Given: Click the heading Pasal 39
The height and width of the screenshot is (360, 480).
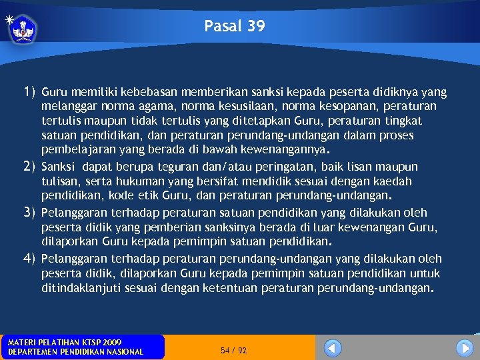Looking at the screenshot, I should click(235, 27).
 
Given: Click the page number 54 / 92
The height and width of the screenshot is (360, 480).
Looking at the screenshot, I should click(233, 350).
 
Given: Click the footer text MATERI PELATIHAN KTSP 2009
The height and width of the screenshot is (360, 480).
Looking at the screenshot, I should click(65, 342).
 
